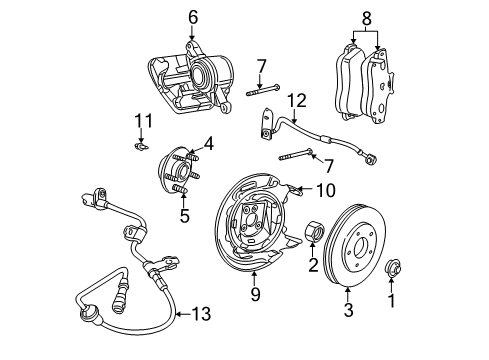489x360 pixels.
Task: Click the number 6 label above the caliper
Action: pyautogui.click(x=193, y=16)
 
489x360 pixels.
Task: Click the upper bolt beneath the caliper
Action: pyautogui.click(x=259, y=93)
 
